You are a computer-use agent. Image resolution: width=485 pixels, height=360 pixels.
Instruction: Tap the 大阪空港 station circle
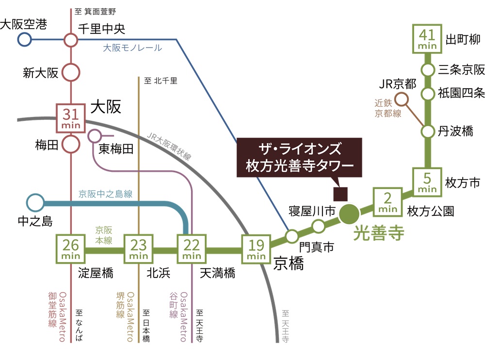tap(24, 40)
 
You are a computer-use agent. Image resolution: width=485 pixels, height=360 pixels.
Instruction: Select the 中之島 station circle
tap(34, 202)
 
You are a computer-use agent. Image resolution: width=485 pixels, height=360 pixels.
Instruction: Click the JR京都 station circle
tap(402, 100)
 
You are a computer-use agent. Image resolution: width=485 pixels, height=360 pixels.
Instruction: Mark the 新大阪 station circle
tap(71, 73)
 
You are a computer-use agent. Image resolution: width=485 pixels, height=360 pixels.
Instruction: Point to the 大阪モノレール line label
tap(132, 48)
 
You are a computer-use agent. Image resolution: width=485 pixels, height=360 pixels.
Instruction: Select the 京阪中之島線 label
tap(105, 194)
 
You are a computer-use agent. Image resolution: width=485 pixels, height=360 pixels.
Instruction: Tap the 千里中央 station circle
tap(71, 40)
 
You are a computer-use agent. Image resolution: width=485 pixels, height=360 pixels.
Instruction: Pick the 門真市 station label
tap(317, 246)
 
